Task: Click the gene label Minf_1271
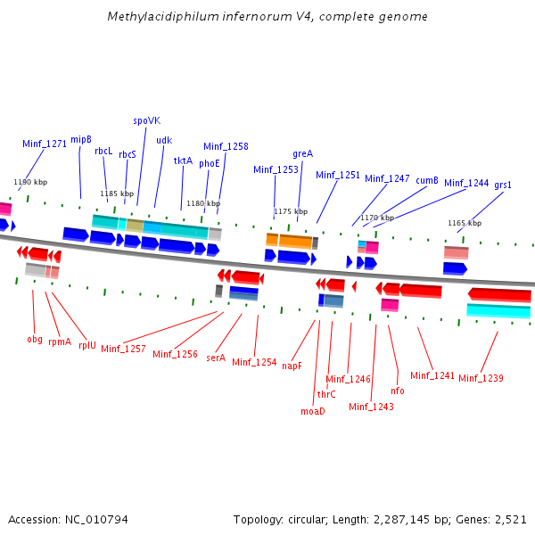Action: tap(45, 143)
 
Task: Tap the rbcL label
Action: tap(103, 152)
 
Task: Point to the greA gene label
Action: tap(302, 153)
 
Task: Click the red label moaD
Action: tap(312, 411)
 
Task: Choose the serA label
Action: tap(216, 358)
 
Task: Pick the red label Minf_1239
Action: tap(481, 378)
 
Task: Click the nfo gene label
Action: tap(398, 391)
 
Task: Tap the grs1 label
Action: tap(503, 185)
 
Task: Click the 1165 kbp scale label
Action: tap(464, 223)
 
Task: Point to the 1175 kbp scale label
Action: tap(290, 211)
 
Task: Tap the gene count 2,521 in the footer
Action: tap(509, 519)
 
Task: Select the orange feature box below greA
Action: tap(295, 241)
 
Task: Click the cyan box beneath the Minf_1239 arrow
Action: tap(498, 310)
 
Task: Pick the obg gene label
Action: tap(35, 339)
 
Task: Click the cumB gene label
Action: tap(427, 180)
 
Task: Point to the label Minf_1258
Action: tap(226, 146)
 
